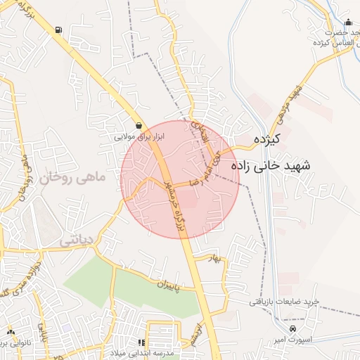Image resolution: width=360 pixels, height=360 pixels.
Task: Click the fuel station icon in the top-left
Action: pyautogui.click(x=57, y=30)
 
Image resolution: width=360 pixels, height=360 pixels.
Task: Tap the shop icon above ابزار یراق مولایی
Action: pyautogui.click(x=139, y=125)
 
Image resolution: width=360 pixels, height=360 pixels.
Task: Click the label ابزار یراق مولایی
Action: pyautogui.click(x=139, y=136)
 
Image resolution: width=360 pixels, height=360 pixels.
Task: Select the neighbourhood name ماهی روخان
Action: pyautogui.click(x=72, y=178)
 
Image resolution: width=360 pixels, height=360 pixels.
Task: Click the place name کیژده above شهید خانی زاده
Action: pyautogui.click(x=266, y=139)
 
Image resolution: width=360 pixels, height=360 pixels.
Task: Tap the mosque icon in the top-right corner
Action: pyautogui.click(x=349, y=22)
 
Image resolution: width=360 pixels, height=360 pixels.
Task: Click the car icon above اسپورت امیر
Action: pyautogui.click(x=293, y=329)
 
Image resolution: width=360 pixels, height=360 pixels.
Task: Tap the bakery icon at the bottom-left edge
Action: pyautogui.click(x=11, y=332)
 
